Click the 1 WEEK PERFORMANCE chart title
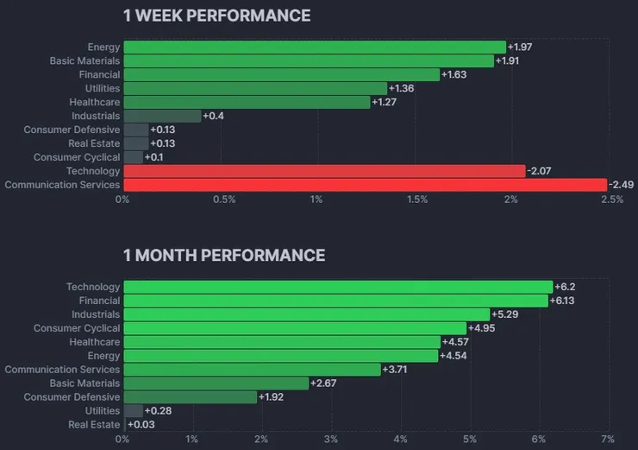(x=216, y=16)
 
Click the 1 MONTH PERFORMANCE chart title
(x=224, y=255)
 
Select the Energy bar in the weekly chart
(x=315, y=47)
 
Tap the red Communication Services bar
(x=365, y=185)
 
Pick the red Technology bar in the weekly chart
(x=324, y=171)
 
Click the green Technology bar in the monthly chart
(x=338, y=287)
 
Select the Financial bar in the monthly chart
(x=335, y=301)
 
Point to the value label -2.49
(x=621, y=185)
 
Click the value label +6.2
(x=565, y=287)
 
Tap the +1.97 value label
(x=520, y=47)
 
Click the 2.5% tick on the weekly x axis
(x=611, y=200)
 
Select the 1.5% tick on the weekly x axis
(x=417, y=200)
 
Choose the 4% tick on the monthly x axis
(x=399, y=440)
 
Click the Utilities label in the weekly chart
(x=103, y=88)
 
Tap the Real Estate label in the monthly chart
(x=94, y=425)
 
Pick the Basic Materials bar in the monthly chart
(x=216, y=383)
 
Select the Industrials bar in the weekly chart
(x=162, y=116)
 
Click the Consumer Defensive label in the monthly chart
(x=72, y=397)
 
